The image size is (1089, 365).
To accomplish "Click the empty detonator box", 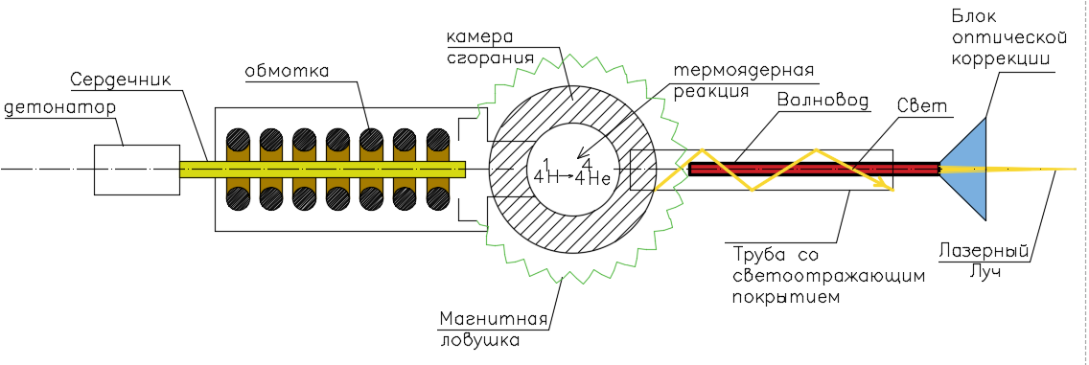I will coord(136,170).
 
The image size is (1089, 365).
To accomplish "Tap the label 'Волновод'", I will coord(819,100).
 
